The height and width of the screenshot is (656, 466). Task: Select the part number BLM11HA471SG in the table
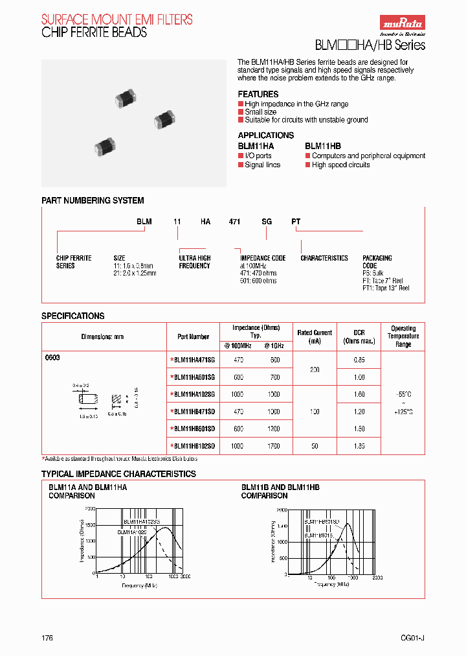[194, 360]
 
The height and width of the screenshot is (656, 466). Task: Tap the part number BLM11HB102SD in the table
[194, 446]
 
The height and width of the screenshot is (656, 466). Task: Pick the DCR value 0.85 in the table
[359, 360]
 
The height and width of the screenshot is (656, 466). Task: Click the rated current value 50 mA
[314, 446]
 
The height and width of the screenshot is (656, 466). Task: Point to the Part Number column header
[194, 336]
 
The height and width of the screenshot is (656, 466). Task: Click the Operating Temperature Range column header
[403, 336]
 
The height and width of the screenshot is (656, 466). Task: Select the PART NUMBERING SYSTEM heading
[93, 201]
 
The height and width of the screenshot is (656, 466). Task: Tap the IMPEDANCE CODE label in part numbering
[263, 258]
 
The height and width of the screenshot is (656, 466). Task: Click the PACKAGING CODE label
[377, 262]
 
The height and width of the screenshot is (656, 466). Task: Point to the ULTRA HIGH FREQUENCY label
[194, 262]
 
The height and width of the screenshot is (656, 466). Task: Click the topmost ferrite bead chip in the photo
[122, 98]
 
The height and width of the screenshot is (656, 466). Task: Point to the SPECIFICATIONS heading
[72, 316]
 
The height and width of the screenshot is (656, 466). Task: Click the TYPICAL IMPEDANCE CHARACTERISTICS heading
[118, 474]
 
